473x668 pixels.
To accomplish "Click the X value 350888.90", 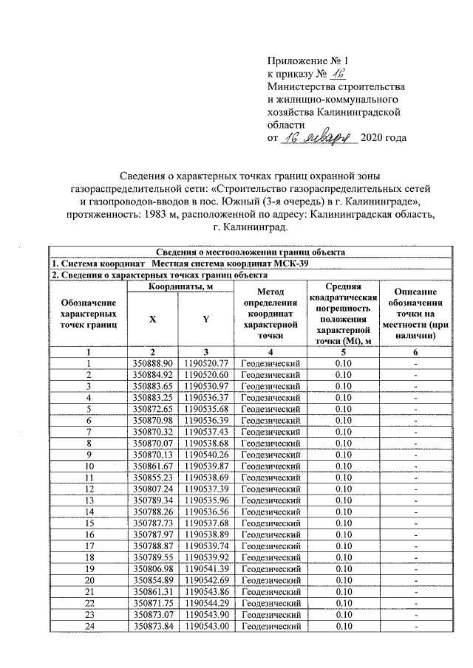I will (152, 364).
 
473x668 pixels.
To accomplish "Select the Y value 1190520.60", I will (206, 375).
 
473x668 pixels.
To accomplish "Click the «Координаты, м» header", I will (180, 286).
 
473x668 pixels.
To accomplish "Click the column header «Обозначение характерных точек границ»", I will (89, 314).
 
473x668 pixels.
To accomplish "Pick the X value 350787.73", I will (152, 522).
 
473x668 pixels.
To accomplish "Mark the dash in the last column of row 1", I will (416, 364).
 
